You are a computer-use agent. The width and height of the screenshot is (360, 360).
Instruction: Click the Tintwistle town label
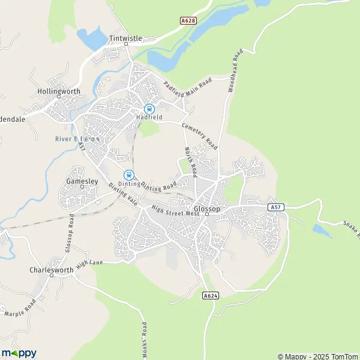point(125,38)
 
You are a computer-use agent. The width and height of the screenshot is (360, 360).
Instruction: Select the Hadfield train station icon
point(148,109)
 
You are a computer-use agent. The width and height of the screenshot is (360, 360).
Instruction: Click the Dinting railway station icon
point(128,175)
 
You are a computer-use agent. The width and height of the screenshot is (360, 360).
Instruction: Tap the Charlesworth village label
point(51,270)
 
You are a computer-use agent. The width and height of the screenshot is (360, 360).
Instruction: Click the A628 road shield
point(188,20)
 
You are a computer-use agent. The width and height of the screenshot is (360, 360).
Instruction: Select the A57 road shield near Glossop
point(275,207)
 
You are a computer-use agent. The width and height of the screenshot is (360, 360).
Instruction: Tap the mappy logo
point(19,353)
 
